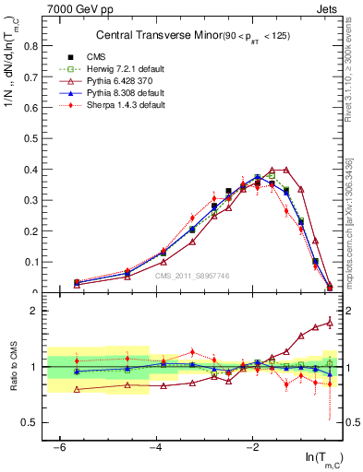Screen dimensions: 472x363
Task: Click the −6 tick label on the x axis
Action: tap(59, 447)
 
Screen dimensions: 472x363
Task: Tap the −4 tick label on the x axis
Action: tap(156, 447)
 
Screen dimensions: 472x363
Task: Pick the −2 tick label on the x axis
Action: tap(253, 447)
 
